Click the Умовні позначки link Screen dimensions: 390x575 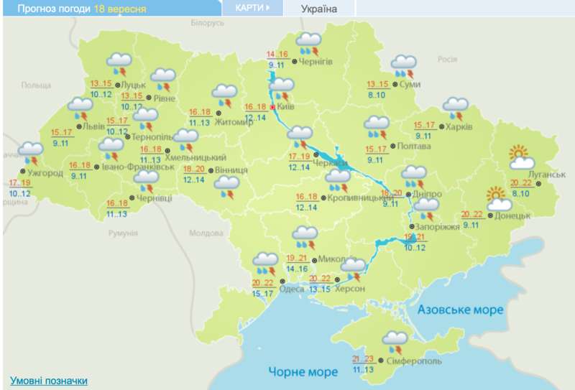[49, 381]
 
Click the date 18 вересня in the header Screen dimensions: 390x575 [120, 9]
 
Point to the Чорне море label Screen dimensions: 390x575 [303, 371]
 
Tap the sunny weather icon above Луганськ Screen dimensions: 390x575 [519, 154]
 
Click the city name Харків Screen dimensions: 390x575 [459, 127]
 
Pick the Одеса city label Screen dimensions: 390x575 [291, 289]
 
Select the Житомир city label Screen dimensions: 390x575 [240, 122]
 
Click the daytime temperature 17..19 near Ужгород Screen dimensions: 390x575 [20, 183]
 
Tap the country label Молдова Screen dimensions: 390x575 [206, 233]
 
